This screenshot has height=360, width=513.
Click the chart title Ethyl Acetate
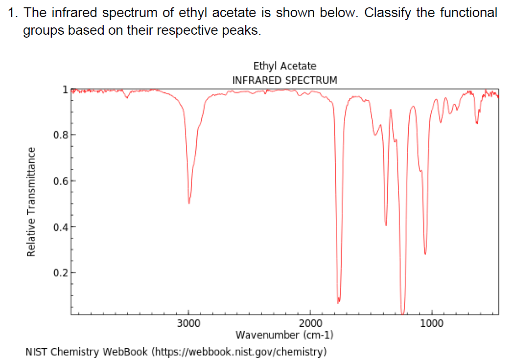tap(284, 66)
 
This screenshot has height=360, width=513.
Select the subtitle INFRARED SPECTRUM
tap(284, 80)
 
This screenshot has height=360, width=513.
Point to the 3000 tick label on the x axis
tap(188, 323)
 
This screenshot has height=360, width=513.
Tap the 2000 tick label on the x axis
tap(310, 323)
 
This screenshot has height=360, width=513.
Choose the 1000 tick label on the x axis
tap(431, 323)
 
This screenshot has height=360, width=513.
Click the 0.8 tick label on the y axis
tap(60, 135)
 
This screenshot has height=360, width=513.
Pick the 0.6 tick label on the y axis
tap(60, 180)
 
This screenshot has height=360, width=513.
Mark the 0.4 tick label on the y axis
tap(60, 226)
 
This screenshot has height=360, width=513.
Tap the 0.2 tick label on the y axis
tap(60, 272)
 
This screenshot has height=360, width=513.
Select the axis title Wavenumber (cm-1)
tap(284, 335)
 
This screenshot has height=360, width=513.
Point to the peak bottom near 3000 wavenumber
tap(189, 203)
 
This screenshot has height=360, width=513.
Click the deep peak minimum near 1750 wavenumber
tap(338, 302)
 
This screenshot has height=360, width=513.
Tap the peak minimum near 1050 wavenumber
tap(425, 253)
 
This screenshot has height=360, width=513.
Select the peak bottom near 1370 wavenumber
tap(386, 225)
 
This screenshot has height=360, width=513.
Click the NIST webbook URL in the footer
tap(239, 351)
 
